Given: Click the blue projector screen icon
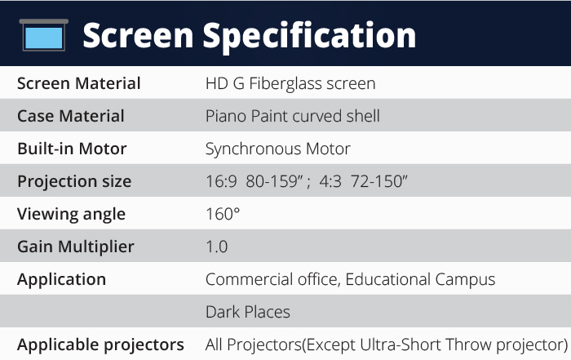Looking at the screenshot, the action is (x=44, y=35).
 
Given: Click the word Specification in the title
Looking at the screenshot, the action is (x=309, y=37).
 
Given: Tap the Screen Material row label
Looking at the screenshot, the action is (x=78, y=83).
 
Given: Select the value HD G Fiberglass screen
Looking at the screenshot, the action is (x=290, y=83).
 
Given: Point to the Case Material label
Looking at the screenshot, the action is (x=71, y=116).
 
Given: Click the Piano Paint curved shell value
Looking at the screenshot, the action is (x=292, y=116).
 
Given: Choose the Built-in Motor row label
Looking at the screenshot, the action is (x=72, y=149).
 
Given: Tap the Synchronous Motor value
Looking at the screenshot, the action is (x=278, y=149).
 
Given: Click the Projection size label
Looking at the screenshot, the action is (x=74, y=182).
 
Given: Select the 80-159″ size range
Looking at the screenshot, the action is (x=275, y=181).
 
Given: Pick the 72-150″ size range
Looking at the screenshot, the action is (x=379, y=181).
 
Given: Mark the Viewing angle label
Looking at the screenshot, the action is (x=71, y=214).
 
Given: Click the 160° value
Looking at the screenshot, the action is (x=223, y=214).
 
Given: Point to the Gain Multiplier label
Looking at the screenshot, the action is (x=76, y=247).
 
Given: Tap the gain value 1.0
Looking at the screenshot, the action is (x=217, y=247).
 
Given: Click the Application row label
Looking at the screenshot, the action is (x=61, y=280).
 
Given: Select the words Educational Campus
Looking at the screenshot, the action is (x=420, y=280).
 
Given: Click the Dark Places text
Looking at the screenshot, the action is (x=248, y=313).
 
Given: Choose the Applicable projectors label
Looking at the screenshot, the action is (x=100, y=345).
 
